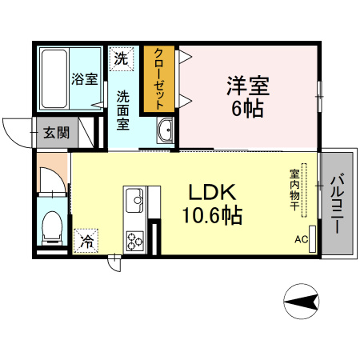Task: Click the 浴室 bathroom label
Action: coord(85,79)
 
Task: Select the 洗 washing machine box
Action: coord(121,58)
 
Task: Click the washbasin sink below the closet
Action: coord(166,131)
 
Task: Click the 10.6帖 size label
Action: coord(211,216)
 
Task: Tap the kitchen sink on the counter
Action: coord(133,197)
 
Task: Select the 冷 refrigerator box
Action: coord(86,239)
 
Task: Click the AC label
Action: coord(299,239)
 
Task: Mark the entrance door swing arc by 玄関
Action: coord(14,128)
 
